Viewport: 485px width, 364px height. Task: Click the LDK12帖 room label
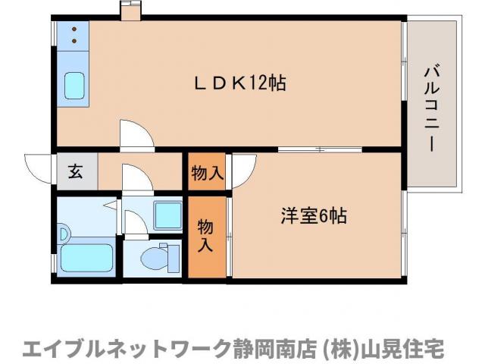click(x=237, y=84)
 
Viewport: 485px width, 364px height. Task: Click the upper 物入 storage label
click(x=207, y=174)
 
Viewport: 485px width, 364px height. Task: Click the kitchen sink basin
click(x=75, y=85)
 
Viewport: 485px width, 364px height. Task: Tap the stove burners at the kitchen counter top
click(x=74, y=34)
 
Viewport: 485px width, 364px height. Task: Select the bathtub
click(x=86, y=258)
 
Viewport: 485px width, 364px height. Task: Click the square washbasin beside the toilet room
click(x=166, y=215)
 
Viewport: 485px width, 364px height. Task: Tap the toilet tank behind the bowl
click(x=174, y=258)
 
